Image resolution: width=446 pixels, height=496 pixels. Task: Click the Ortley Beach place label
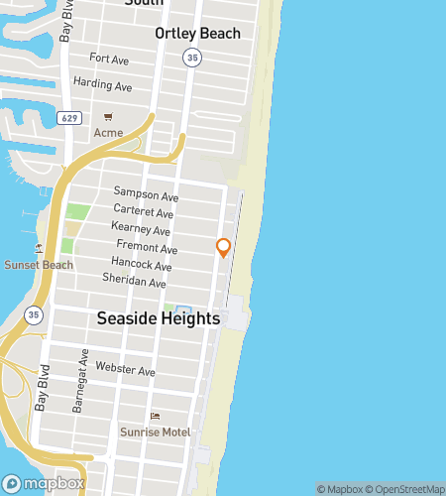pos(197,34)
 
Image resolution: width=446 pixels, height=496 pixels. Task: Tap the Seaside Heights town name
pos(159,318)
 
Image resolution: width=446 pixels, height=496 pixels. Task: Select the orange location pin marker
pos(224,247)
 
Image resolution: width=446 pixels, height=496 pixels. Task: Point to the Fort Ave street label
pos(109,60)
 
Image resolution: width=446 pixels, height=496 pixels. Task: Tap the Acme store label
pos(107,133)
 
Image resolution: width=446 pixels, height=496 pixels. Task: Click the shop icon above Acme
pos(108,117)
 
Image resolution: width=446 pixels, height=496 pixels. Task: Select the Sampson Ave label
pos(144,191)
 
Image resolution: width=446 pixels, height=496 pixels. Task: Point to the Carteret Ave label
pos(144,213)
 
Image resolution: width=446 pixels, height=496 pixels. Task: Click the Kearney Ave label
pos(144,229)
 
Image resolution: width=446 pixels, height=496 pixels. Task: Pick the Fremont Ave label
pos(146,245)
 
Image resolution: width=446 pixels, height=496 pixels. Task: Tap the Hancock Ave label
pos(142,266)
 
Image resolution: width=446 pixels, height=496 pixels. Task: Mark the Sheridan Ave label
pos(136,282)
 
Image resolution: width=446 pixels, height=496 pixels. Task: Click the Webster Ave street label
pos(126,371)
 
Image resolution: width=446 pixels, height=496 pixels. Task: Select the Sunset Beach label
pos(38,265)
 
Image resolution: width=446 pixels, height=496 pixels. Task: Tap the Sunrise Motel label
pos(155,432)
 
